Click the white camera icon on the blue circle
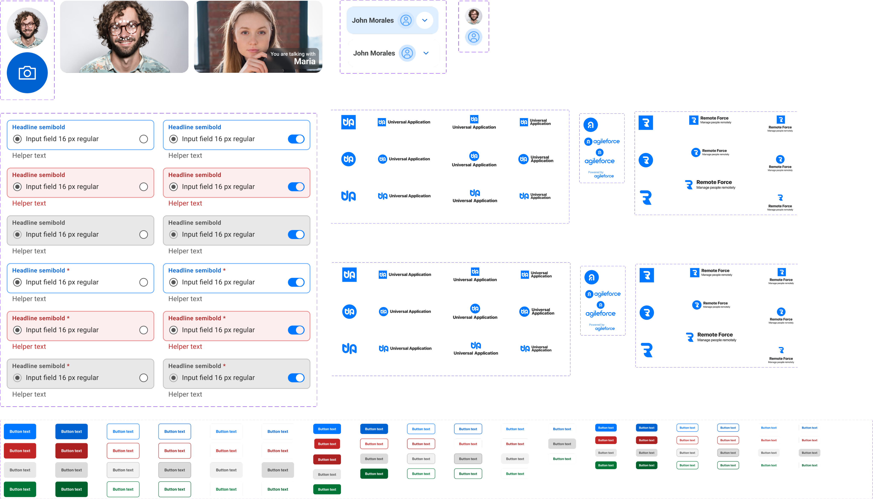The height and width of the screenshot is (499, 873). click(x=27, y=73)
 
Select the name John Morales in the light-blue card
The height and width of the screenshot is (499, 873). click(x=373, y=20)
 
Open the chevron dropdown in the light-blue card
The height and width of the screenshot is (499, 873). click(x=425, y=20)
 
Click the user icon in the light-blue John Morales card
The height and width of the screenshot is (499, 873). click(x=406, y=20)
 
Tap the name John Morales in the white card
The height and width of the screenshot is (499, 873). click(x=374, y=53)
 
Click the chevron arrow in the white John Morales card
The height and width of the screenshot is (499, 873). click(x=426, y=53)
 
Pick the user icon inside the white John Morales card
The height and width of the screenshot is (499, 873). click(x=407, y=53)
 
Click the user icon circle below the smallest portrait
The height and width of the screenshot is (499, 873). click(x=474, y=37)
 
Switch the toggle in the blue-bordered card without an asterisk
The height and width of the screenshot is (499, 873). click(x=296, y=139)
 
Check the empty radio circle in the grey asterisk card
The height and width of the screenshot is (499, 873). click(x=144, y=378)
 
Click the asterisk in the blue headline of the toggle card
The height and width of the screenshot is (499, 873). click(x=224, y=270)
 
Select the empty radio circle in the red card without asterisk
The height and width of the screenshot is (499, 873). click(x=144, y=187)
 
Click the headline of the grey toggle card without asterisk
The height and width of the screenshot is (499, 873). click(x=194, y=223)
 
